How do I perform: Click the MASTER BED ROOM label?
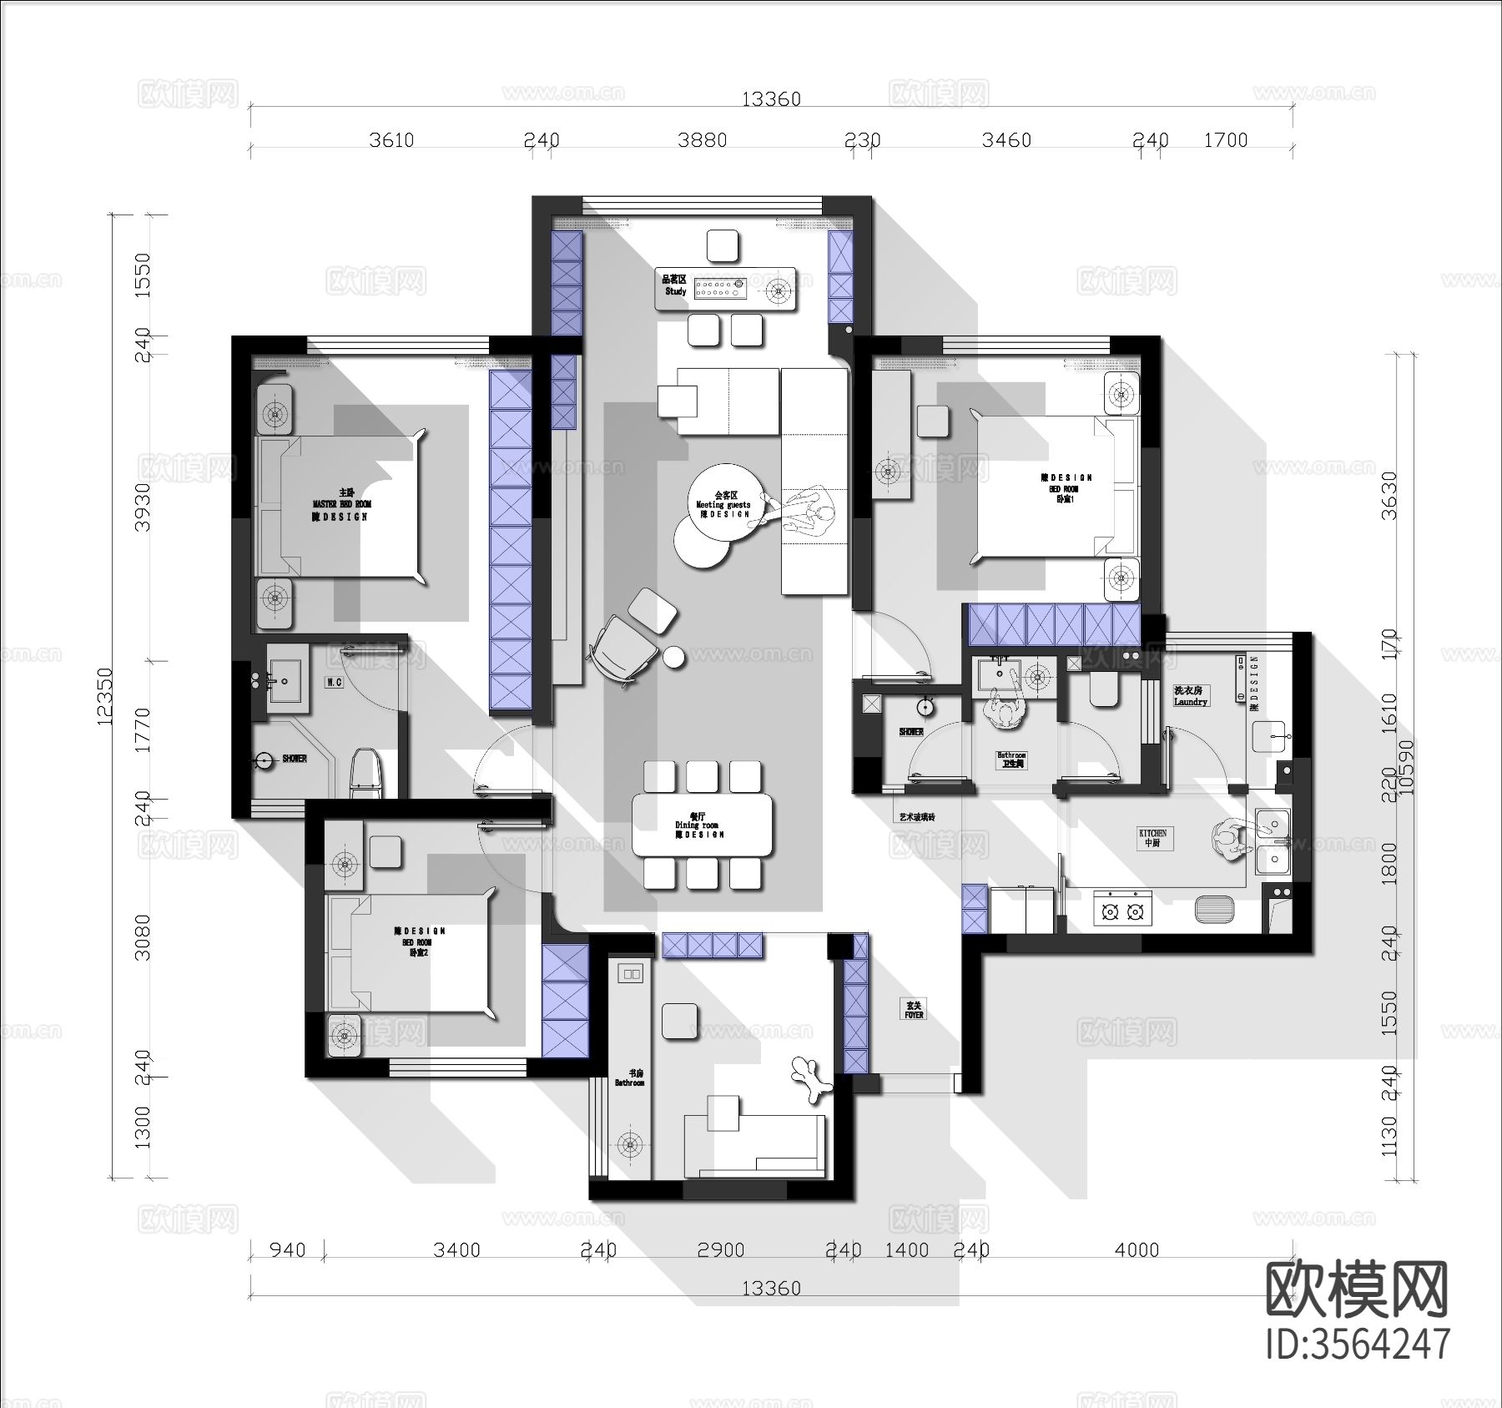click(x=341, y=504)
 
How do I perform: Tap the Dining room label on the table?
click(x=699, y=825)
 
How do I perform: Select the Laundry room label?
click(x=1190, y=696)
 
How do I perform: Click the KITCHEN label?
click(x=1152, y=837)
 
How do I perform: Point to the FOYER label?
click(x=914, y=1010)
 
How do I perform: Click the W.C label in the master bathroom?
click(x=335, y=682)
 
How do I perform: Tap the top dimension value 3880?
click(x=702, y=140)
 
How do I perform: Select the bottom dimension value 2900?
click(x=721, y=1250)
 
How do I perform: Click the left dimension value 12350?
click(x=104, y=696)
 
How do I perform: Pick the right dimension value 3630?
click(x=1389, y=495)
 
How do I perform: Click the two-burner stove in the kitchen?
click(x=1122, y=911)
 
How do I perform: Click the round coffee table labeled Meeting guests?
click(x=723, y=504)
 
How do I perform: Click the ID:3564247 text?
click(x=1358, y=1345)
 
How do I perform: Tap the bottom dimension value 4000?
click(x=1137, y=1250)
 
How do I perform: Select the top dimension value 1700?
click(x=1225, y=140)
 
